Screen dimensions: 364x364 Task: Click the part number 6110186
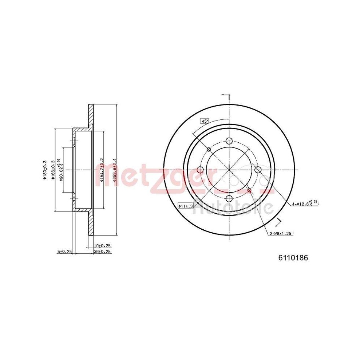[293, 258]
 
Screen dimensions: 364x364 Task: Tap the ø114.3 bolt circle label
[186, 206]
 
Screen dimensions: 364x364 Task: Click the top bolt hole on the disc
[229, 141]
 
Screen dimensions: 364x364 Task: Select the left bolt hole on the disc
[200, 170]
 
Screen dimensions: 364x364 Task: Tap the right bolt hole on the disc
[258, 170]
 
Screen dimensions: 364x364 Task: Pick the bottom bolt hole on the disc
[229, 198]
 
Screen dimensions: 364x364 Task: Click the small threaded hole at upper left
[209, 149]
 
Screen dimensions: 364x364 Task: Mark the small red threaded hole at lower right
[249, 190]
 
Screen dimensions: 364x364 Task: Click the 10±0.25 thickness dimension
[102, 246]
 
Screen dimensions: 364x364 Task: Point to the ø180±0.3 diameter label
[45, 170]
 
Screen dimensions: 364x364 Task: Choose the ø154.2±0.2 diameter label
[102, 170]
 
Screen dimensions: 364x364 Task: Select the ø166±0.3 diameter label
[53, 170]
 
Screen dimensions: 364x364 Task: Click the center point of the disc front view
[229, 170]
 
